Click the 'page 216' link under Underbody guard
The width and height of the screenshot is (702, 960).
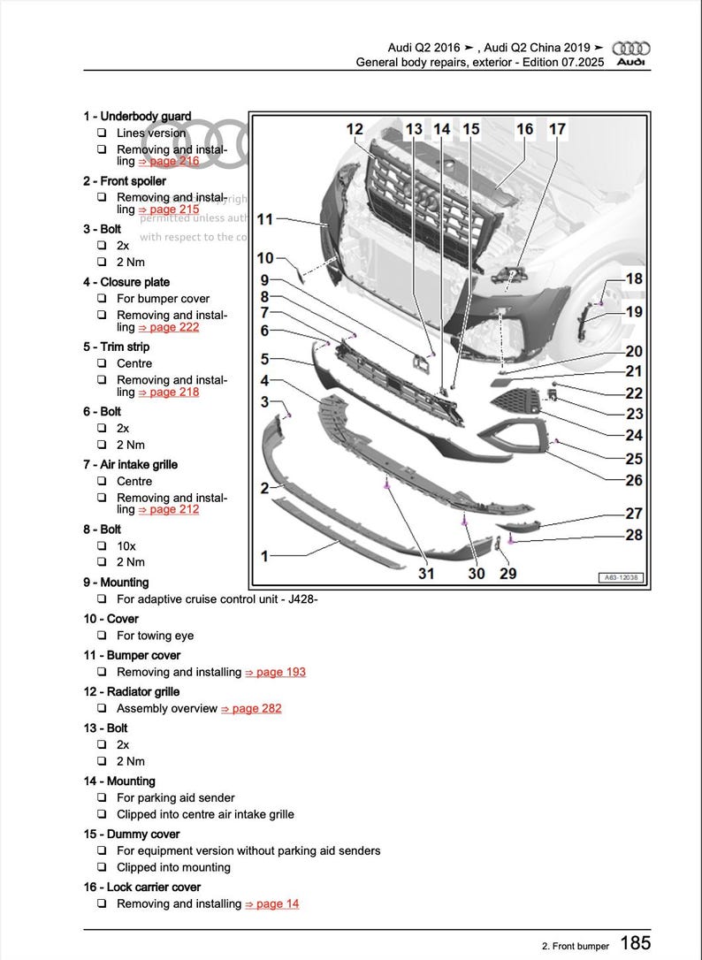(169, 162)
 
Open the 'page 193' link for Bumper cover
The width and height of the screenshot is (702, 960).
(275, 672)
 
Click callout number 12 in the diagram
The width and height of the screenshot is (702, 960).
(355, 129)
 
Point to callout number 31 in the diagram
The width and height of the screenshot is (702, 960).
(426, 573)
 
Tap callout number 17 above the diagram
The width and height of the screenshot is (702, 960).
(557, 129)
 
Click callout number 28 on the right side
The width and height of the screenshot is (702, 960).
(634, 535)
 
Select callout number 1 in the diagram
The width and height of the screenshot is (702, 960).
(264, 556)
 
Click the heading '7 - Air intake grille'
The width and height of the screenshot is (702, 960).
(130, 464)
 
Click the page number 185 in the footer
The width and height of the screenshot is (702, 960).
(635, 943)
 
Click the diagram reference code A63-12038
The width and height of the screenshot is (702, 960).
(622, 577)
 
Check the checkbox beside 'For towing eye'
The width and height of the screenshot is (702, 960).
(102, 636)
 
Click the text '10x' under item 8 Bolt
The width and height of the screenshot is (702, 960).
(126, 545)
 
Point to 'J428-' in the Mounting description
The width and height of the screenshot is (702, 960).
(301, 599)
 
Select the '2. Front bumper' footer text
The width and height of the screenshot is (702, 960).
(576, 946)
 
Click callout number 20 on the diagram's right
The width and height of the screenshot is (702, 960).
(634, 352)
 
